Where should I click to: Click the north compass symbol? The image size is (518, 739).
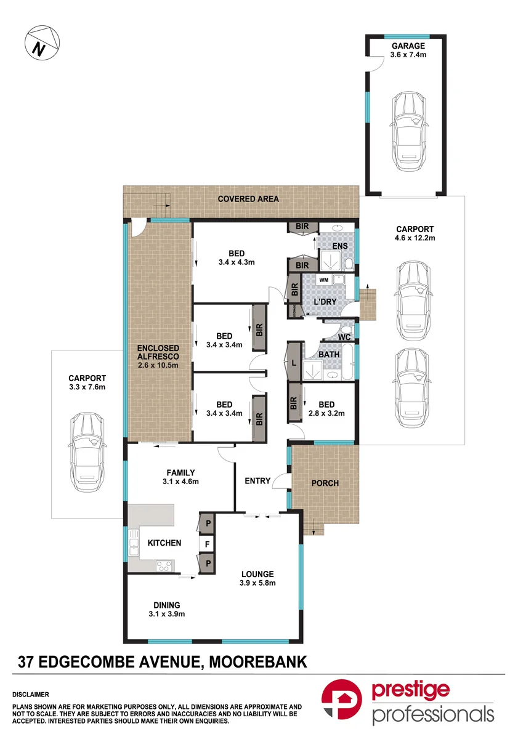(42, 43)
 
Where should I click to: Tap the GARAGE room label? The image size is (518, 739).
(408, 46)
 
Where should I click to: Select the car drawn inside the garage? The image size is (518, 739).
(409, 132)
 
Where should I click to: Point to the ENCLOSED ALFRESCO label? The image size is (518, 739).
(158, 352)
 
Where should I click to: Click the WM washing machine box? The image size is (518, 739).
(323, 280)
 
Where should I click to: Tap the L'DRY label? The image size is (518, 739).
(325, 302)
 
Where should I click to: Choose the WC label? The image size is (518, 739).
(344, 337)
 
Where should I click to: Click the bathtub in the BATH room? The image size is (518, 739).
(348, 362)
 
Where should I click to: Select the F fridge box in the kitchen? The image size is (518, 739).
(207, 544)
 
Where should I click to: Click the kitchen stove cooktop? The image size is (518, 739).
(164, 566)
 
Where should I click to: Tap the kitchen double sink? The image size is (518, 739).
(134, 543)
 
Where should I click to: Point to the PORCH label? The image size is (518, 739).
(325, 483)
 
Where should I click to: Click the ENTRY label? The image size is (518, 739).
(257, 481)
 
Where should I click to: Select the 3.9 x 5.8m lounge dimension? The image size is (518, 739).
(257, 583)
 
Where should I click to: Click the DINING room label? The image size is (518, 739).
(167, 605)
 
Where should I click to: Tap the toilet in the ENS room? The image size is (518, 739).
(349, 264)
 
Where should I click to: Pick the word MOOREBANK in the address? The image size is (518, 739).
(258, 661)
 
